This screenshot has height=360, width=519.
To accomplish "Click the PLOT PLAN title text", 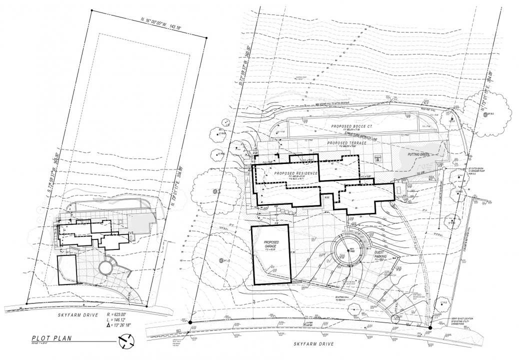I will coord(50,338).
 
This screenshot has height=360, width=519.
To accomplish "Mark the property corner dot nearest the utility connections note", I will coord(430,328).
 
